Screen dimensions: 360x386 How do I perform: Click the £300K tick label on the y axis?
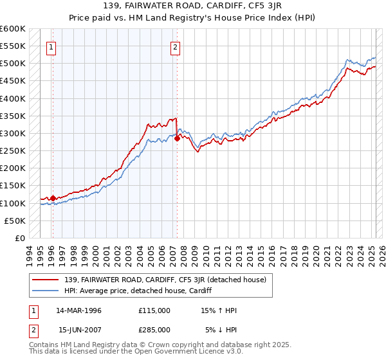[12, 133]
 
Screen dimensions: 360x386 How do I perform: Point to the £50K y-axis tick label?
[15, 221]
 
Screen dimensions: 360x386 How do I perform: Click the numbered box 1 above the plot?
[51, 46]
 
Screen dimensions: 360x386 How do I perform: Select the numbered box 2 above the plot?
[175, 46]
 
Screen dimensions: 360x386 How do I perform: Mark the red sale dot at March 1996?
[53, 198]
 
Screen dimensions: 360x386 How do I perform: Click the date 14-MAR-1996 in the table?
[79, 310]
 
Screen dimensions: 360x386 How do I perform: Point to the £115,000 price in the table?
[154, 310]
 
